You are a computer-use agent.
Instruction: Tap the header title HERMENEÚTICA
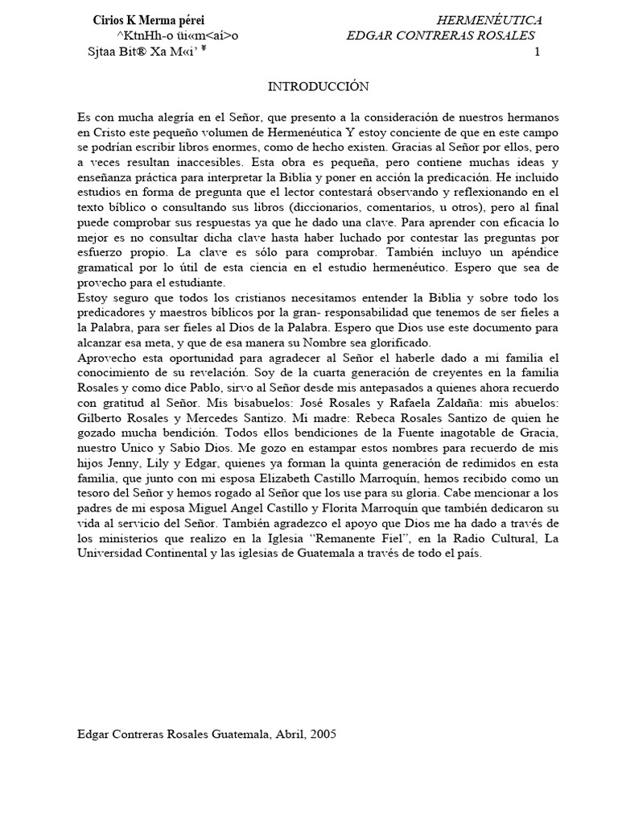(x=488, y=20)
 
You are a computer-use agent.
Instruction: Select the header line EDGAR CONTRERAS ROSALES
(x=440, y=36)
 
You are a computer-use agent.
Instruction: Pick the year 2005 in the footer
(x=322, y=734)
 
